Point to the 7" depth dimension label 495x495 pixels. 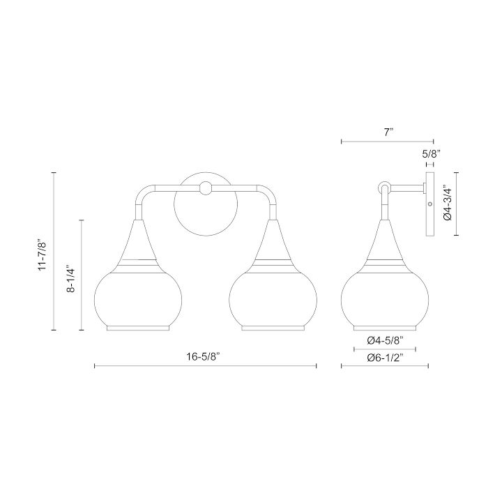(388, 132)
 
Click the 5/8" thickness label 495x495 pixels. (431, 154)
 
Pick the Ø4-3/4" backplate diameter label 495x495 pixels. (448, 204)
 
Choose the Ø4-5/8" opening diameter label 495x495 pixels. (385, 341)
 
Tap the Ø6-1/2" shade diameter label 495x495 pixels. (385, 358)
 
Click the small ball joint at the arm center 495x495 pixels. (206, 188)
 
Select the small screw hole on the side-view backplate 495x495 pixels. (429, 204)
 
